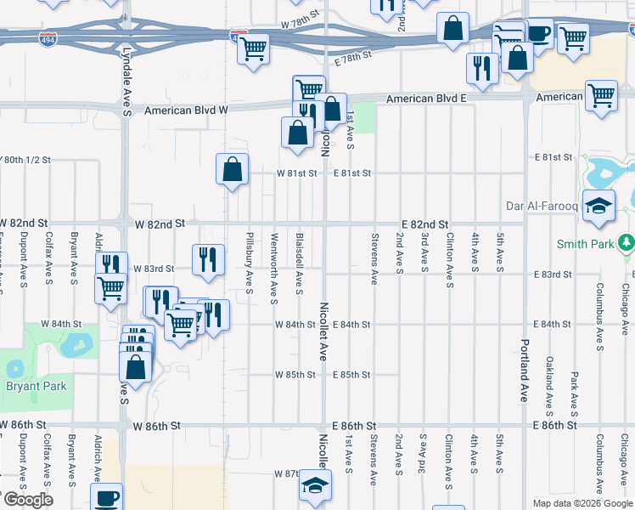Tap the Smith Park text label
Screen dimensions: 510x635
(x=585, y=245)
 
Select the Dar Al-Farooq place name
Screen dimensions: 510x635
(x=542, y=206)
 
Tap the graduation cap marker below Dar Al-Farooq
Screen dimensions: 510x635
(x=598, y=207)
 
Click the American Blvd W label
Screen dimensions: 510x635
(x=187, y=110)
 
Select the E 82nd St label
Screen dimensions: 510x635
(x=425, y=224)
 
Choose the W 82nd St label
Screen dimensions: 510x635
(x=160, y=224)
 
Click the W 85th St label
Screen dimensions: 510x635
(x=295, y=375)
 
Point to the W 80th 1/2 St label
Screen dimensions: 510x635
(x=27, y=159)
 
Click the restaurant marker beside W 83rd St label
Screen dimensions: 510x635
(x=208, y=260)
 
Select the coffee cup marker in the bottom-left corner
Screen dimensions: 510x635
(x=106, y=497)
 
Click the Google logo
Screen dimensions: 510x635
(x=28, y=500)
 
